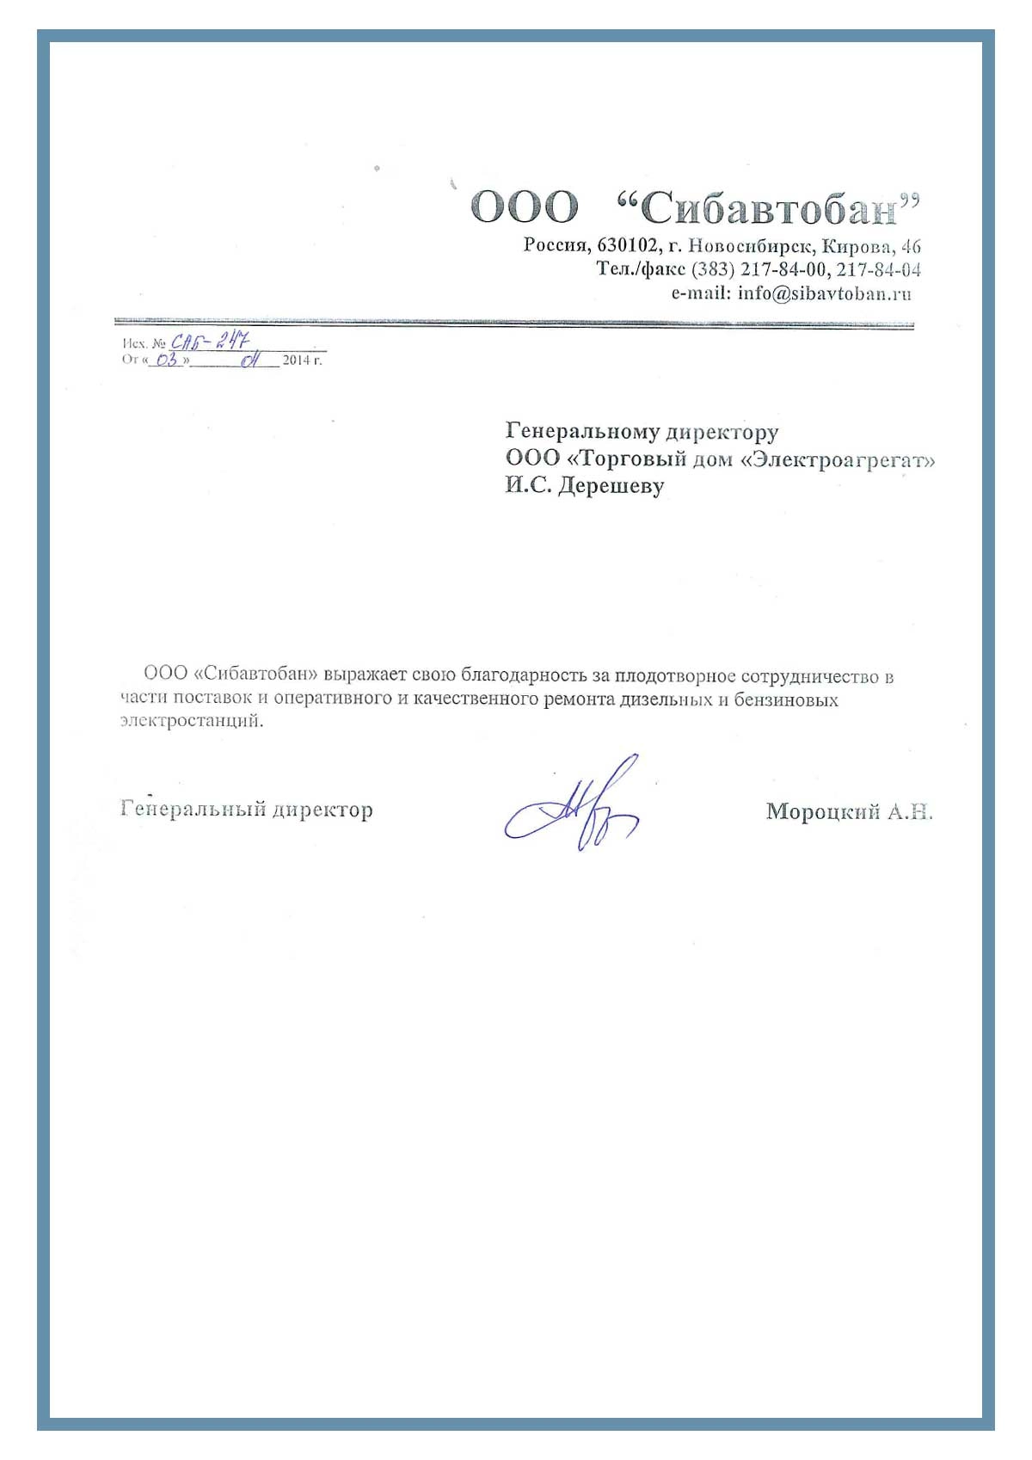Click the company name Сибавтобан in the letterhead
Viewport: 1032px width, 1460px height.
point(769,208)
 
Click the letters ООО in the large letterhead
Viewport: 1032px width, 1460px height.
point(525,207)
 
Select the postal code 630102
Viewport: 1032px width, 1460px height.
point(627,245)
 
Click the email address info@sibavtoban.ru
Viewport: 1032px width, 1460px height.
point(824,293)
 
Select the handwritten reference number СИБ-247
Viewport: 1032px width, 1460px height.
point(209,342)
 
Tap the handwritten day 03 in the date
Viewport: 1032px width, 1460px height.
point(167,360)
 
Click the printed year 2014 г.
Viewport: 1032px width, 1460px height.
point(302,360)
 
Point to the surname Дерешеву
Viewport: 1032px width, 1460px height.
point(611,486)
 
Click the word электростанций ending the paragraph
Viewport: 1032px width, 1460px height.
point(191,721)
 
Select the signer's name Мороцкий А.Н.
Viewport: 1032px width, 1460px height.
point(849,811)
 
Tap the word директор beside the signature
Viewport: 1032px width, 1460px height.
point(322,810)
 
